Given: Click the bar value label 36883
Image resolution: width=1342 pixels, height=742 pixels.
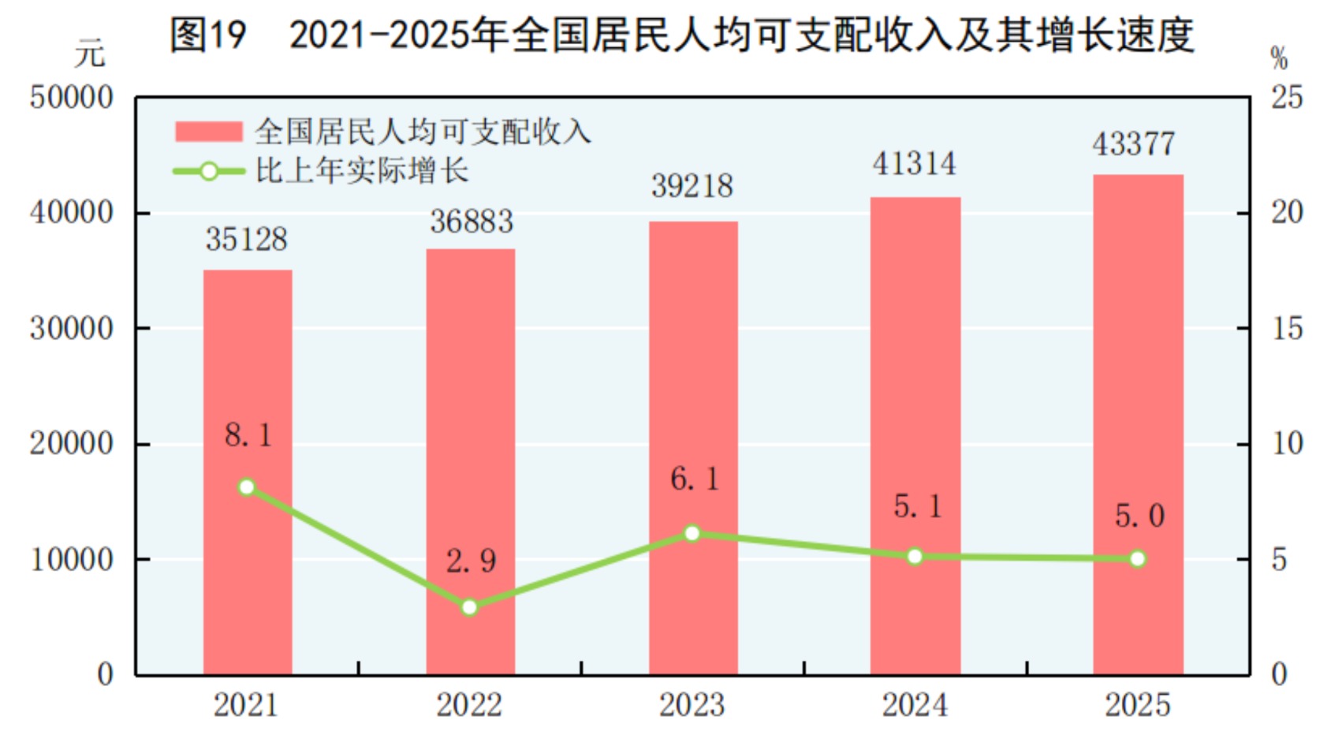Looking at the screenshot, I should pos(471,222).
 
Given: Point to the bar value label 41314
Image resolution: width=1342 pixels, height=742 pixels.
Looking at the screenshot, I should pos(914,164).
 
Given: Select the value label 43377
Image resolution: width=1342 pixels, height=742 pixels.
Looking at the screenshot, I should pos(1133,144).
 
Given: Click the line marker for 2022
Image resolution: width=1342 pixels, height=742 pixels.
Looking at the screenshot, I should pos(470,607).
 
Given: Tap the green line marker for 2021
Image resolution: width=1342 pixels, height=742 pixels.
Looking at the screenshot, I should pos(247,487).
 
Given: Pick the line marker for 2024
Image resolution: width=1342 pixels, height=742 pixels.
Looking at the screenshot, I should pos(915,557).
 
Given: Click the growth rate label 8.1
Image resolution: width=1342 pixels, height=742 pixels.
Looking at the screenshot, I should pos(248,435).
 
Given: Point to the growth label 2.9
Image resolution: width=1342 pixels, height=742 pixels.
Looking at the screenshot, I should pos(471,561).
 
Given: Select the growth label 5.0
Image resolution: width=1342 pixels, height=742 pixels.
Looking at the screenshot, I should pos(1139,516).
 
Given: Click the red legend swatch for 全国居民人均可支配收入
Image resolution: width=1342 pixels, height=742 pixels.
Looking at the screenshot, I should pos(208,132).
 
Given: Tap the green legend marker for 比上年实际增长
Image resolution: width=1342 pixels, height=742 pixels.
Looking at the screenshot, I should pos(209,171).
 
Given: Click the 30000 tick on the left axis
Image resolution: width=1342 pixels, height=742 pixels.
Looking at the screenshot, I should pos(72,329).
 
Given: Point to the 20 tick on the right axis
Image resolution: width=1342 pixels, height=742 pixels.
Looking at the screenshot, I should pos(1287,213).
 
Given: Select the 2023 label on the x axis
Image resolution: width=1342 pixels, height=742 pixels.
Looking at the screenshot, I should pos(692,705).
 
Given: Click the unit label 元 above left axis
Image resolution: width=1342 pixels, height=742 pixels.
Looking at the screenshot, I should pos(90,54).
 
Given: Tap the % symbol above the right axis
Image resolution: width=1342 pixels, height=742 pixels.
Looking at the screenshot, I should pos(1279,58).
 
